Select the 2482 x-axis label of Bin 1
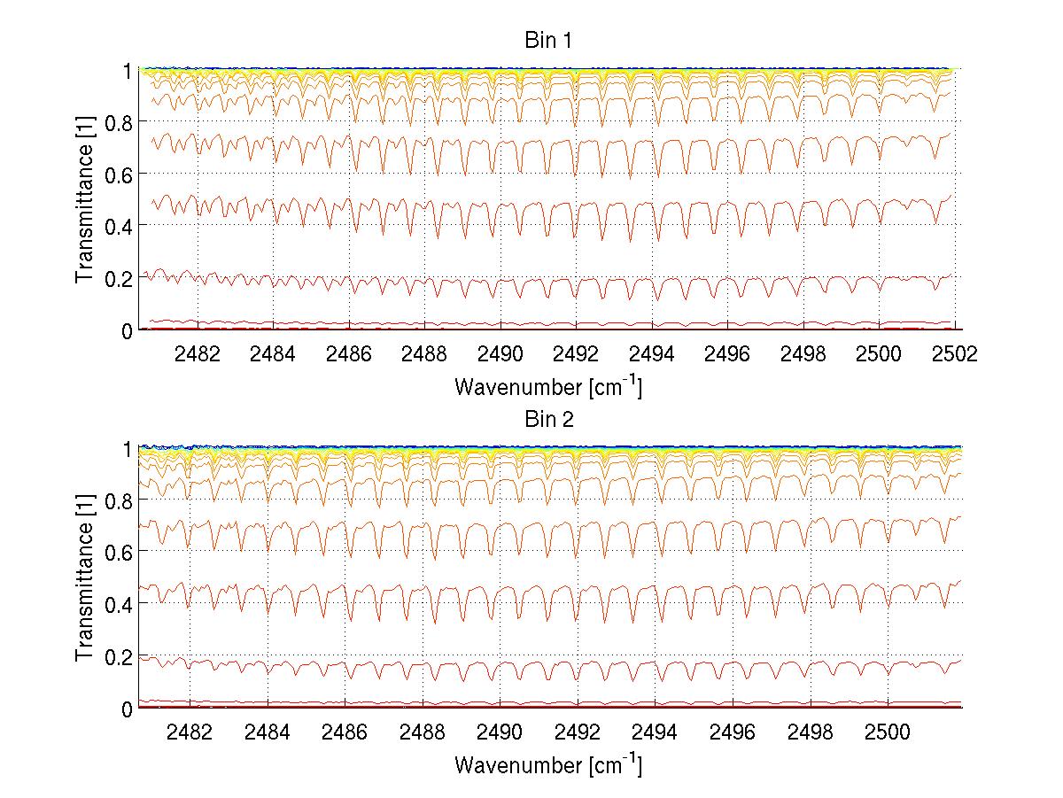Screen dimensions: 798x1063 point(198,353)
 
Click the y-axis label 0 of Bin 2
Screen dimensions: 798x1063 point(127,709)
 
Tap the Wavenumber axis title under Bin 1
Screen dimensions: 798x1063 point(547,386)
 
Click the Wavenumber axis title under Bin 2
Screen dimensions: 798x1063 point(547,764)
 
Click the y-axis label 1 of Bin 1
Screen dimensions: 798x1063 point(127,70)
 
